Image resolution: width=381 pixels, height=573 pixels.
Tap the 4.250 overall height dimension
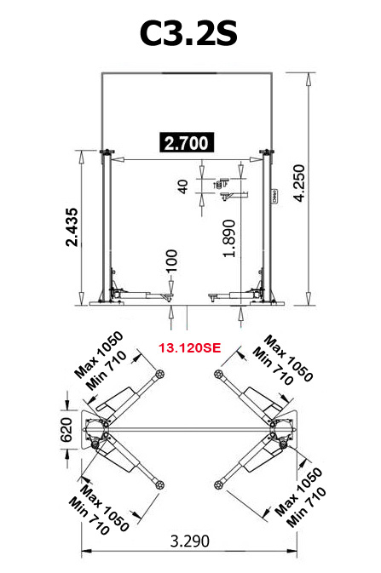322,192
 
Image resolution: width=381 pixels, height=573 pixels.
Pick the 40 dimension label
182,186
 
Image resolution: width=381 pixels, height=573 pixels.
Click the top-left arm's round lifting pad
159,375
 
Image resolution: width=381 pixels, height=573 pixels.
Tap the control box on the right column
274,198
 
